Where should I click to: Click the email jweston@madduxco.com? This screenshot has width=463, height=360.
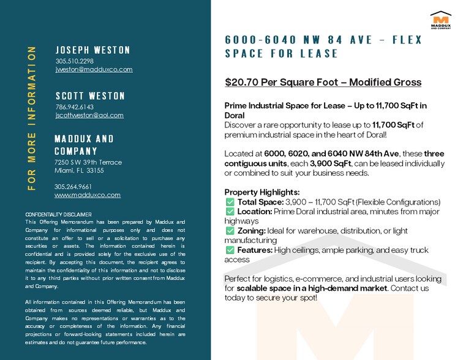[94, 70]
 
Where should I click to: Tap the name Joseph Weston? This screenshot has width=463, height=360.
[92, 50]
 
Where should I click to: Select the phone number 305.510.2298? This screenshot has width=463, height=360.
[74, 61]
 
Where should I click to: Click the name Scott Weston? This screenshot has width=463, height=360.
[90, 96]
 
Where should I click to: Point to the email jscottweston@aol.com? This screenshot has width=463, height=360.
[89, 115]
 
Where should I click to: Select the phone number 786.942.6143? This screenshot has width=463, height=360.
[74, 107]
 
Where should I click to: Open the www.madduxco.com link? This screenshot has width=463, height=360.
[87, 195]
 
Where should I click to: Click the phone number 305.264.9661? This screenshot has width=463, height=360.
[73, 186]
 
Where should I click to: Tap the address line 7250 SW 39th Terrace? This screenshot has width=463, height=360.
[88, 162]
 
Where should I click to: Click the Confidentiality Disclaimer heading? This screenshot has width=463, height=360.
[58, 214]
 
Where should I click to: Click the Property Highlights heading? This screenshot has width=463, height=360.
[262, 192]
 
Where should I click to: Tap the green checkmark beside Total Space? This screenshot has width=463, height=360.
[230, 202]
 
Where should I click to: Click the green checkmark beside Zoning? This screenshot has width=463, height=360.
[230, 231]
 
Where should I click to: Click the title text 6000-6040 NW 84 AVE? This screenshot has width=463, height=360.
[293, 40]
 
